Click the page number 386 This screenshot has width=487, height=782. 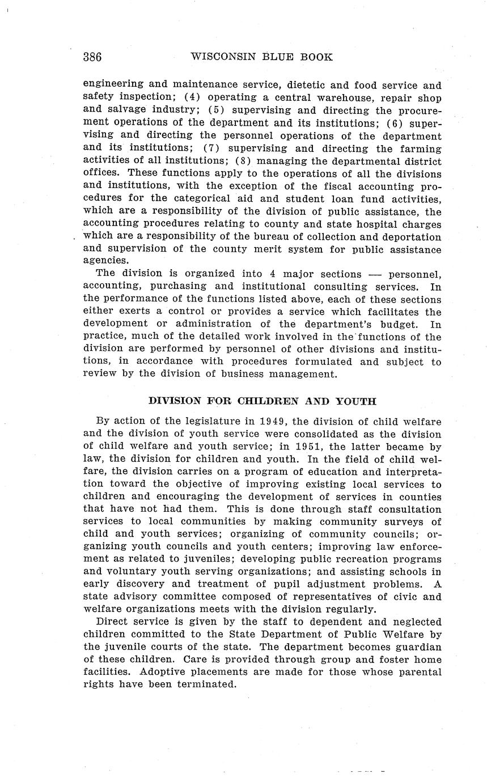(x=92, y=57)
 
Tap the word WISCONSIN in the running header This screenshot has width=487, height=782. (x=223, y=57)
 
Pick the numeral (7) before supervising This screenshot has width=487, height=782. (x=213, y=148)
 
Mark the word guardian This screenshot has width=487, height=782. (x=417, y=647)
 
